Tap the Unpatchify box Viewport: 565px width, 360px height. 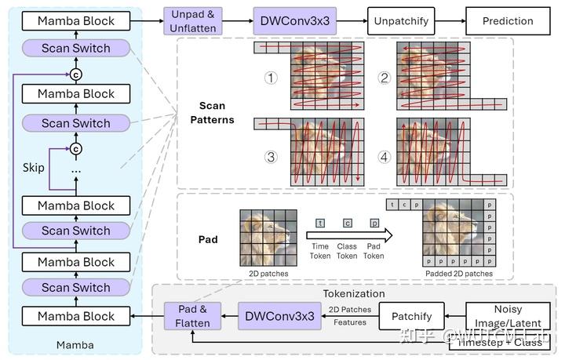coord(401,21)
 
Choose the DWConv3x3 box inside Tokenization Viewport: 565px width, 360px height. coord(280,316)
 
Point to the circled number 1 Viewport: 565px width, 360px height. coord(272,78)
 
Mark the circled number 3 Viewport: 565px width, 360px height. coord(272,156)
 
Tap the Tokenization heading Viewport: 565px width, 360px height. coord(354,293)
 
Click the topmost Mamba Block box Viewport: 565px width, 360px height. coord(76,21)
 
